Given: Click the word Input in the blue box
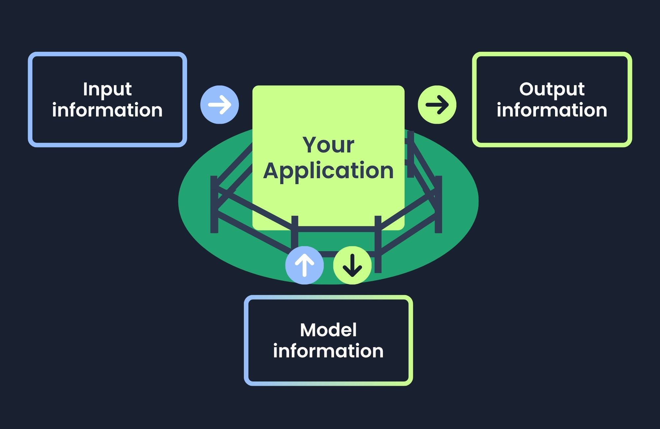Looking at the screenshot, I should pyautogui.click(x=107, y=89).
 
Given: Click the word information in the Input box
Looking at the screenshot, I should pyautogui.click(x=107, y=110).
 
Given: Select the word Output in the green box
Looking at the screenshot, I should pyautogui.click(x=552, y=89).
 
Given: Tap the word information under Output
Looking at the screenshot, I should pyautogui.click(x=552, y=110).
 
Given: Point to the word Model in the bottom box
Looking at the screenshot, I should pyautogui.click(x=328, y=330).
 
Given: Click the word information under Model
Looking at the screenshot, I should pyautogui.click(x=328, y=351).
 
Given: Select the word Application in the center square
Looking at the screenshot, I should pyautogui.click(x=328, y=171).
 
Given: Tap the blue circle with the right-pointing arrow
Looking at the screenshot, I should pyautogui.click(x=219, y=105).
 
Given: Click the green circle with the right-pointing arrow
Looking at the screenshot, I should pyautogui.click(x=437, y=105).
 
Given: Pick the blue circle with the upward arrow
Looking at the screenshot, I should pyautogui.click(x=304, y=265).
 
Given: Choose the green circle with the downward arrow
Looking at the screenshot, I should pyautogui.click(x=352, y=265).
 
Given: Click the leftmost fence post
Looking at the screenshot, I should pyautogui.click(x=214, y=205).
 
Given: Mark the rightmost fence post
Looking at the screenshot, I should pyautogui.click(x=438, y=205).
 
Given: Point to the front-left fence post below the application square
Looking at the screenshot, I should pyautogui.click(x=295, y=231).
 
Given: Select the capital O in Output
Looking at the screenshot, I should pyautogui.click(x=527, y=89).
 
